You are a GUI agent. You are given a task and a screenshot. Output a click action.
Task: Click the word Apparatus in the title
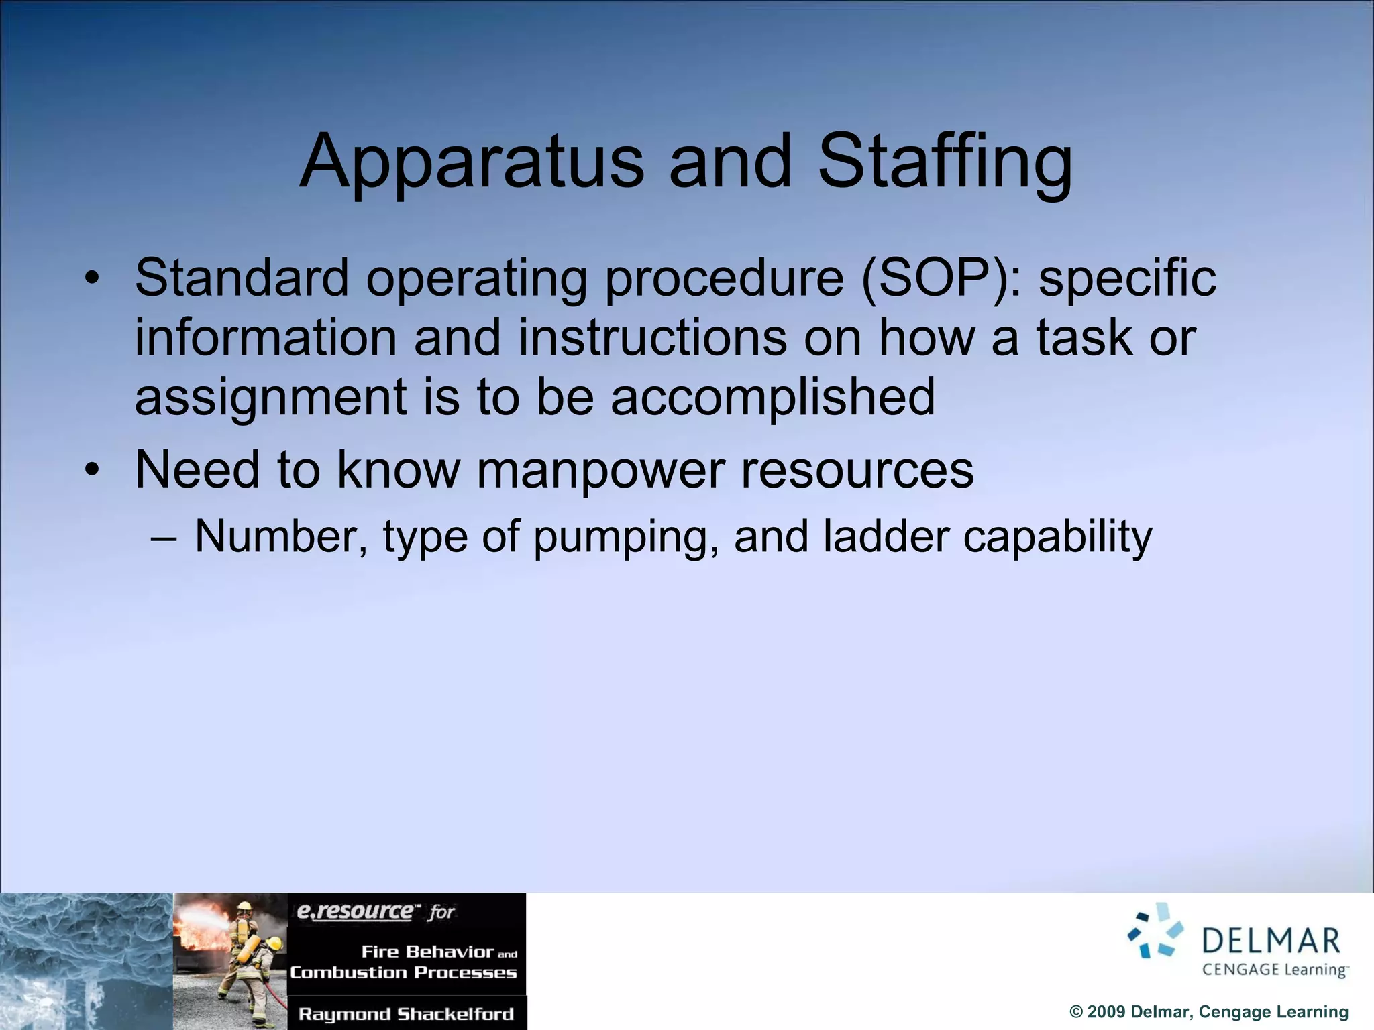471,163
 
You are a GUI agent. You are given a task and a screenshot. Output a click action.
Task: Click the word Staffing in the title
945,163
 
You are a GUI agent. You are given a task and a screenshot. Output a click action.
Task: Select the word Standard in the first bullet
242,278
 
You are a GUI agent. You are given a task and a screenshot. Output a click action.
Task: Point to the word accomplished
772,397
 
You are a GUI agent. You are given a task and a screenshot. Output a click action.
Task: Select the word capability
1057,538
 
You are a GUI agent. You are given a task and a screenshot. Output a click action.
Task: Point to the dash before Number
164,538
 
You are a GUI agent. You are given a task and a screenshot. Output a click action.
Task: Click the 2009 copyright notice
1208,1012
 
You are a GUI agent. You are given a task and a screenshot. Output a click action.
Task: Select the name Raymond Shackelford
406,1013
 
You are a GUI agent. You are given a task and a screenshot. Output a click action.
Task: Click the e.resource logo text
356,911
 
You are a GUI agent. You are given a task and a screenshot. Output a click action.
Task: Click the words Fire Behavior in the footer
427,952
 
